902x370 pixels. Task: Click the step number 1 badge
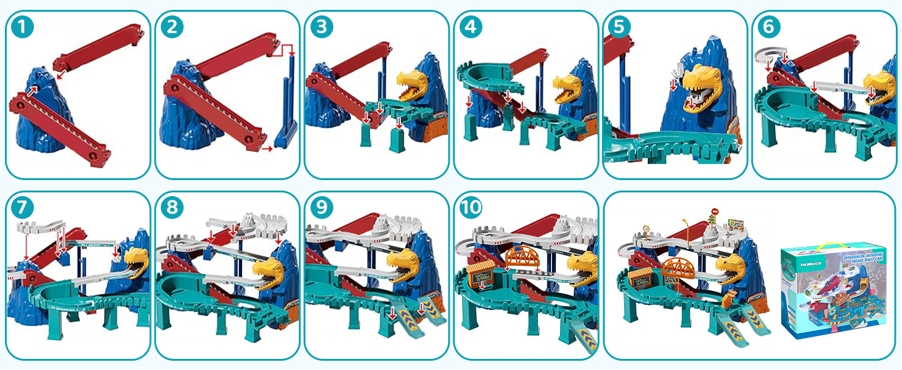pyautogui.click(x=22, y=28)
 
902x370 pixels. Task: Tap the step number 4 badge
pyautogui.click(x=471, y=28)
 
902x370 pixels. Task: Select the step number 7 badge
pyautogui.click(x=22, y=208)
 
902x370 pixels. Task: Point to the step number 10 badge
pyautogui.click(x=471, y=208)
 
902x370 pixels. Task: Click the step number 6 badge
pyautogui.click(x=770, y=28)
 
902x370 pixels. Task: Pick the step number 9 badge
pyautogui.click(x=321, y=208)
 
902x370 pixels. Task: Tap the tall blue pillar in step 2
pyautogui.click(x=285, y=105)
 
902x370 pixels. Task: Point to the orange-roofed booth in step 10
pyautogui.click(x=481, y=274)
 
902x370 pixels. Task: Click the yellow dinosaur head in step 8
pyautogui.click(x=269, y=269)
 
